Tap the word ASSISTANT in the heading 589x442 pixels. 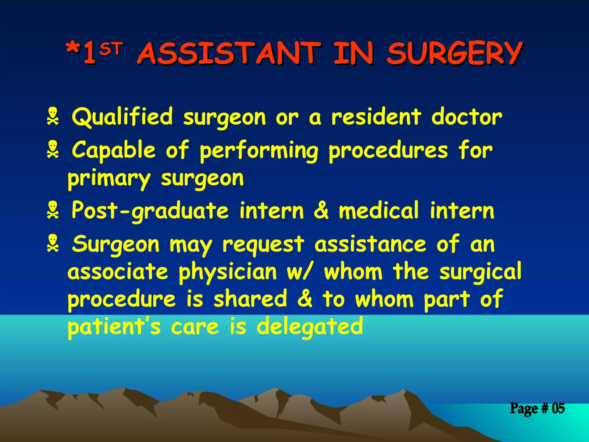pyautogui.click(x=229, y=54)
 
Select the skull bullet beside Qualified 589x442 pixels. pyautogui.click(x=53, y=116)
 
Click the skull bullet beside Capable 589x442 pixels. pyautogui.click(x=53, y=149)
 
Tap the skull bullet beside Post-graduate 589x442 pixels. pyautogui.click(x=53, y=210)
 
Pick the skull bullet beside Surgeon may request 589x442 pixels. pyautogui.click(x=53, y=243)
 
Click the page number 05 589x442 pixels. pyautogui.click(x=558, y=408)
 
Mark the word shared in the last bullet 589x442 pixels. pyautogui.click(x=250, y=299)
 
